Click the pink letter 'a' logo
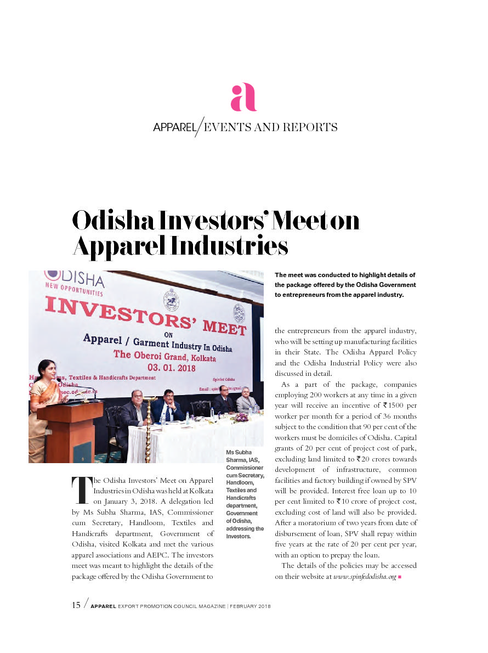pos(243,97)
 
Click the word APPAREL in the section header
pos(174,128)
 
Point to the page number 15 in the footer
pos(76,605)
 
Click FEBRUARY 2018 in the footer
pos(250,606)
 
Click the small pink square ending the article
pos(400,577)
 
